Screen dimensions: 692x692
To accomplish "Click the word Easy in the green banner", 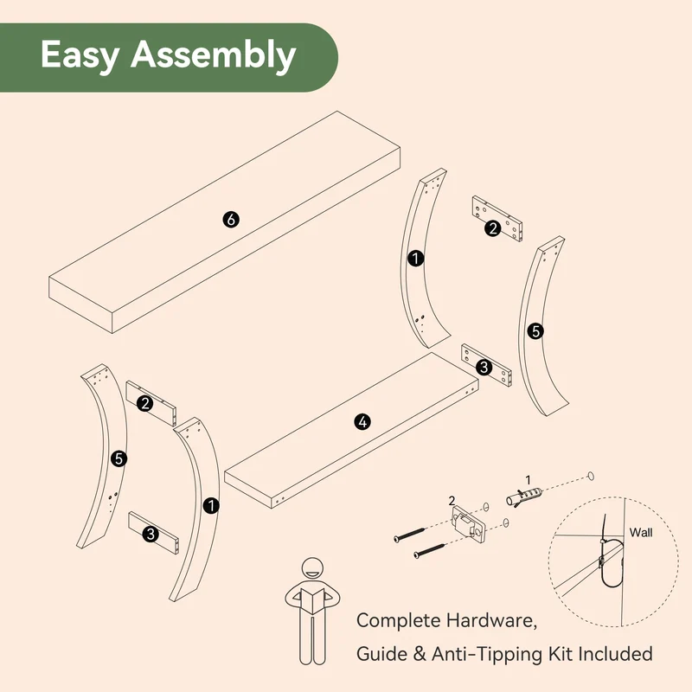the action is tap(80, 55).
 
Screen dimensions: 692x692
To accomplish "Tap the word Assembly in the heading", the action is tap(213, 55).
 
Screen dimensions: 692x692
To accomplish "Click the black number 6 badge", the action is tap(231, 219).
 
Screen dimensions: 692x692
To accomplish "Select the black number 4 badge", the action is tap(362, 422).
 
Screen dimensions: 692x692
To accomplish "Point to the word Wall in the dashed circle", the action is tap(641, 532).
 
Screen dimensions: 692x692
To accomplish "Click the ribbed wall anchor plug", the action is tap(523, 496).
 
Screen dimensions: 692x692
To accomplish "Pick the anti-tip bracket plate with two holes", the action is tap(468, 524).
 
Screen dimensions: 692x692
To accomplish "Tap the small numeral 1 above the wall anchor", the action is tap(528, 480).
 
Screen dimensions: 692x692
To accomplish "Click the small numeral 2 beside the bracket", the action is tap(452, 501).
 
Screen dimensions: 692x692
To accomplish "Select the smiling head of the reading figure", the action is tap(312, 570).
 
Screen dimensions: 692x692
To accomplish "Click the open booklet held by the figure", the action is tap(312, 599).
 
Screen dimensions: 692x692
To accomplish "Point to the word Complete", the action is tap(396, 621).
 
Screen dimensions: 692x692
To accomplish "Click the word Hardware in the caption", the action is tap(491, 620).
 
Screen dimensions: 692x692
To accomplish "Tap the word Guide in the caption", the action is tap(381, 654).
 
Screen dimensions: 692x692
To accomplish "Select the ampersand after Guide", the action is tap(420, 654).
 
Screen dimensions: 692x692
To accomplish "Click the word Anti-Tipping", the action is tap(487, 655).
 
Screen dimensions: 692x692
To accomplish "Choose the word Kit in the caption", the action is tap(561, 654).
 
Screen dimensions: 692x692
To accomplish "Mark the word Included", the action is tap(616, 654).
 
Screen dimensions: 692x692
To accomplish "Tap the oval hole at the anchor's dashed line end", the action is tap(591, 477).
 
